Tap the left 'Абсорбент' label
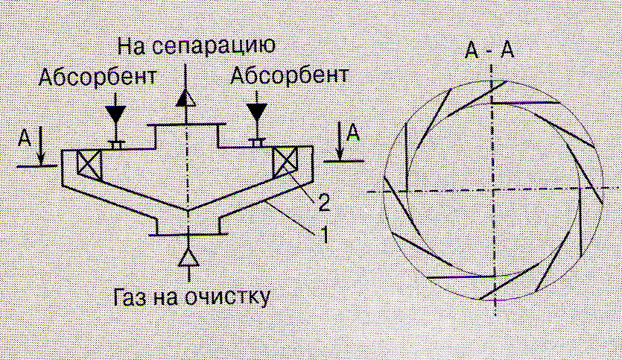click(98, 77)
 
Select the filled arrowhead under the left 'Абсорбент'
click(115, 113)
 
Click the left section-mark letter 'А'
click(25, 138)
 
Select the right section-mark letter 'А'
click(355, 133)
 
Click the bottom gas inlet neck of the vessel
click(188, 224)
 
